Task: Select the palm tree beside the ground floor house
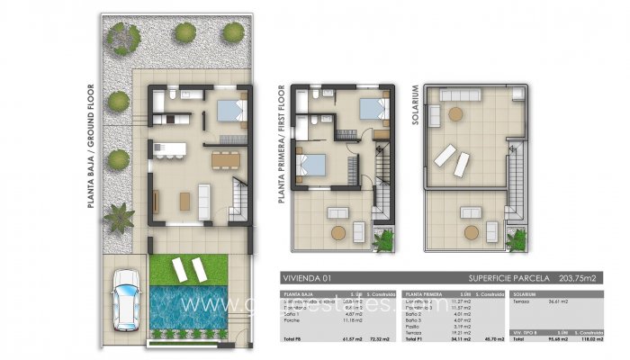[119, 217]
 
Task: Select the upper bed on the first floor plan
[371, 109]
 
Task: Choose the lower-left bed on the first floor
[311, 166]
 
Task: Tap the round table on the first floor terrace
[338, 231]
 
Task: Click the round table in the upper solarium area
[456, 113]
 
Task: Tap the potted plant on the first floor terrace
[384, 239]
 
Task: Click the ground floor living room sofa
[204, 198]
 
